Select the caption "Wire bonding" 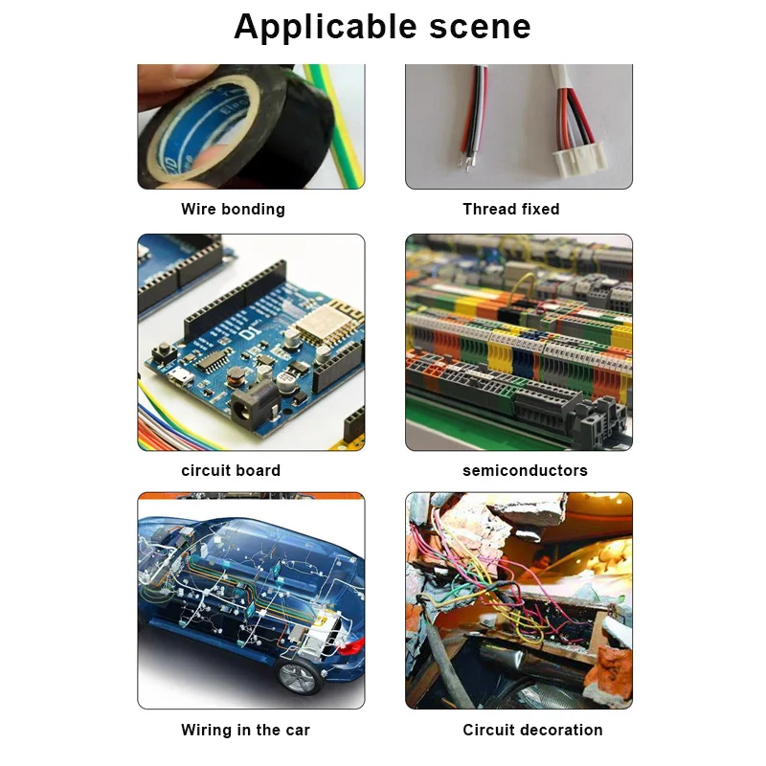(233, 209)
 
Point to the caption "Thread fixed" (510, 209)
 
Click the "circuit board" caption (231, 470)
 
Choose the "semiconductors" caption (525, 470)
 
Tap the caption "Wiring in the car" (245, 730)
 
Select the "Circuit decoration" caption (532, 730)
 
